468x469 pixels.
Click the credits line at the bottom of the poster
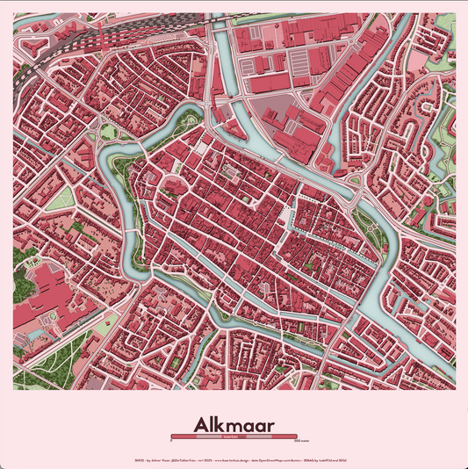(x=234, y=459)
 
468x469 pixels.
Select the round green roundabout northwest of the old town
(x=107, y=132)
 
